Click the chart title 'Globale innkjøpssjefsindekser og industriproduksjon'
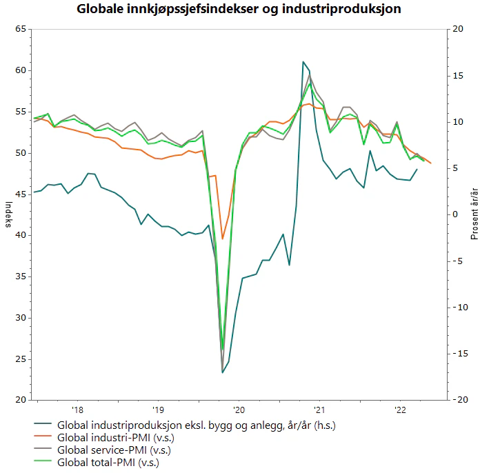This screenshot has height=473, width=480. coord(239,10)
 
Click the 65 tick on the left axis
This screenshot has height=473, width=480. coord(20,29)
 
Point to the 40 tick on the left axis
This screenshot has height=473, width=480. coord(20,235)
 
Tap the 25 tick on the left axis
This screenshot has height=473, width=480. coord(20,359)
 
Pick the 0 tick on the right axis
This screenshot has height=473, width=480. coord(458,214)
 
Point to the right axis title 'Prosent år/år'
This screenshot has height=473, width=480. coord(474,214)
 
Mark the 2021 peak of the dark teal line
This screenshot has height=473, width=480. coord(303,61)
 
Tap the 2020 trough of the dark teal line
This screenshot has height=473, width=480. coord(223,373)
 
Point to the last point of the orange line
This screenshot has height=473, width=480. coord(431,163)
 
